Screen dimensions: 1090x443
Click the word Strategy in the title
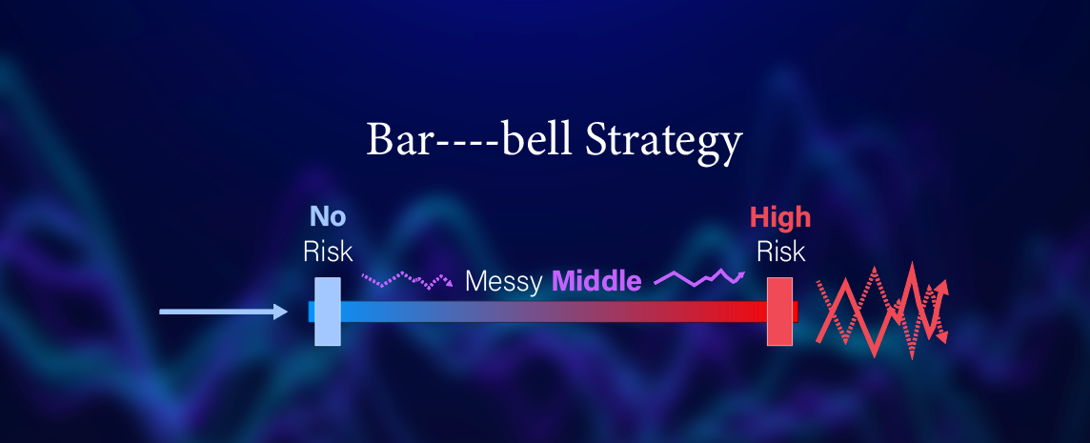point(663,142)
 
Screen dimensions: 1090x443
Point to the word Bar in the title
point(394,140)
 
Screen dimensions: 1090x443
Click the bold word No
point(328,217)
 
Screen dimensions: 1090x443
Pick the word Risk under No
point(328,252)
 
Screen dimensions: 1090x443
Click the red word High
point(780,217)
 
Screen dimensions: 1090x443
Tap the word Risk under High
point(780,252)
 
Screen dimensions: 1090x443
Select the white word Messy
point(504,282)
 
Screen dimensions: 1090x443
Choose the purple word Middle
point(596,282)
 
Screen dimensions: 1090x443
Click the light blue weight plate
point(328,312)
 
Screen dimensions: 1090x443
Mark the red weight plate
point(779,312)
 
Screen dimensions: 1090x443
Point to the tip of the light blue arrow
point(288,312)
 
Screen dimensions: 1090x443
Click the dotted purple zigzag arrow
point(407,280)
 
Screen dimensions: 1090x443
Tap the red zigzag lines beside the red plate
point(881,311)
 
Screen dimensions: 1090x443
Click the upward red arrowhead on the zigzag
point(942,285)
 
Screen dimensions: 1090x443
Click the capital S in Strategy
point(595,140)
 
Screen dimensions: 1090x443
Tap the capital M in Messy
point(476,282)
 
